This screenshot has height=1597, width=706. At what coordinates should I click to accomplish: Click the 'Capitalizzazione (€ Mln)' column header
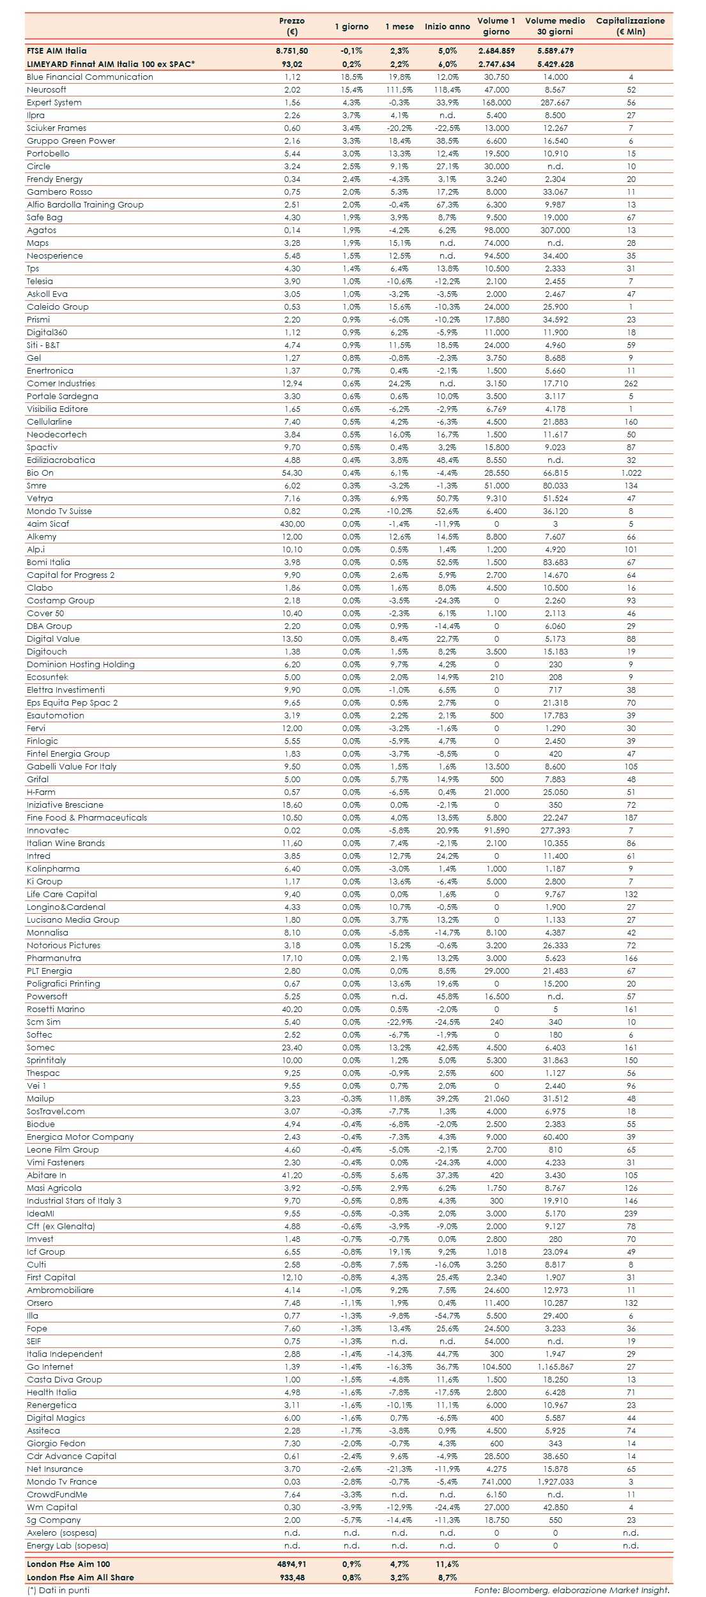tap(630, 26)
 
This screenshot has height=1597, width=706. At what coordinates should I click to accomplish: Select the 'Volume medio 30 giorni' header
tap(555, 26)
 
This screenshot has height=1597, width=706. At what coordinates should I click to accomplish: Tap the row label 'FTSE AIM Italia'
tap(57, 50)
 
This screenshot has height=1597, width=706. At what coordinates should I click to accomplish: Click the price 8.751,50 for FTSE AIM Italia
tap(292, 50)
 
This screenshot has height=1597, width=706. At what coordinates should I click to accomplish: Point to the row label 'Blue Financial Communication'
tap(90, 77)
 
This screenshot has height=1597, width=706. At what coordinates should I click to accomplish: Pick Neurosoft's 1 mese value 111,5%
tap(399, 89)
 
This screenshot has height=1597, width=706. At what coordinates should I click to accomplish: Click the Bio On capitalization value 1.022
tap(631, 473)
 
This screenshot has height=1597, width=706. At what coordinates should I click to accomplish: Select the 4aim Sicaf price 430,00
tap(292, 524)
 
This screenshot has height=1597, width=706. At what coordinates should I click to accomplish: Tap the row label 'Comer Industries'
tap(61, 383)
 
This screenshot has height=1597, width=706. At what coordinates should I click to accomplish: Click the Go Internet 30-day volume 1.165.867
tap(555, 1366)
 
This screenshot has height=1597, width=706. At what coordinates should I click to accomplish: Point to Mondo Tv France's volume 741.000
tap(496, 1481)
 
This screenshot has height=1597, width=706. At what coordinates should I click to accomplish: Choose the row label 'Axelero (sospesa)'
tap(62, 1533)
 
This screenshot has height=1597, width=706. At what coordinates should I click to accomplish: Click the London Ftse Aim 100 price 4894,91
tap(292, 1564)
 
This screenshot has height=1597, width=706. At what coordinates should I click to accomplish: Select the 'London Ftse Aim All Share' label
tap(81, 1577)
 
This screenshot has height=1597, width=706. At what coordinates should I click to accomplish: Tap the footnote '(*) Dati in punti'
tap(58, 1590)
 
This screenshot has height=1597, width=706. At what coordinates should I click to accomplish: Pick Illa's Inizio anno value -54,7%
tap(447, 1315)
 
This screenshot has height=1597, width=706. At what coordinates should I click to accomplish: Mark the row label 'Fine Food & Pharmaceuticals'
tap(87, 817)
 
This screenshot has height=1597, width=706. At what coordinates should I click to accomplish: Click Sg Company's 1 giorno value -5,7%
tap(351, 1520)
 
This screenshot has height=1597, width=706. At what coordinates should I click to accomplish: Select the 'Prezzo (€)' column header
tap(292, 26)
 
